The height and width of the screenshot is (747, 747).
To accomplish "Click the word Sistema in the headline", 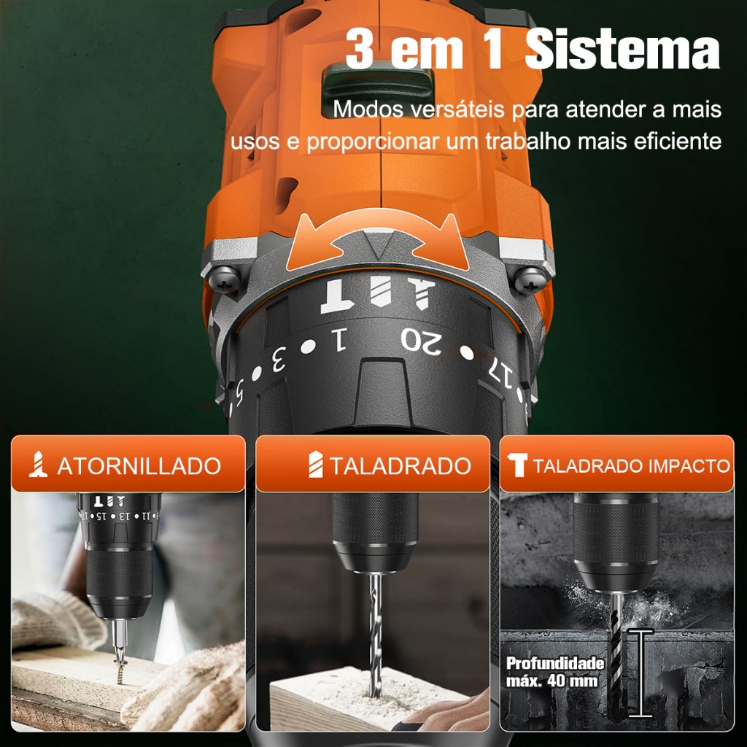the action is (x=622, y=48).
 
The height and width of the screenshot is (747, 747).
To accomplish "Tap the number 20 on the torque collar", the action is (x=422, y=340).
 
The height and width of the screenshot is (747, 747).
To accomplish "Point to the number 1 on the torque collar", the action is (x=338, y=339).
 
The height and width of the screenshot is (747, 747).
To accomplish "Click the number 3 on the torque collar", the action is (x=278, y=359).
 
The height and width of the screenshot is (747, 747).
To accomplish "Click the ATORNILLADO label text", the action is (x=139, y=466).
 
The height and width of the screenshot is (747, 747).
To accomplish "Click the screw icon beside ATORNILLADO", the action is (x=38, y=465).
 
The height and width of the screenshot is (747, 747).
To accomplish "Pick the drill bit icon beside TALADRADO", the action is (x=315, y=465).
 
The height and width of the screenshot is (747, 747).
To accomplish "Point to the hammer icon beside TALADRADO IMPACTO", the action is (x=517, y=465).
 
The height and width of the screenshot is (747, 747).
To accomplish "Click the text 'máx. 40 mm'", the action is (x=551, y=681).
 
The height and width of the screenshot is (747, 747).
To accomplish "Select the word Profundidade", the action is (x=555, y=663).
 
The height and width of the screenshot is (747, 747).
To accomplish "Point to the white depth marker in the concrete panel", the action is (x=640, y=673).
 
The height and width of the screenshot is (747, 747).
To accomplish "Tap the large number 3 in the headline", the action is (x=359, y=48).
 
